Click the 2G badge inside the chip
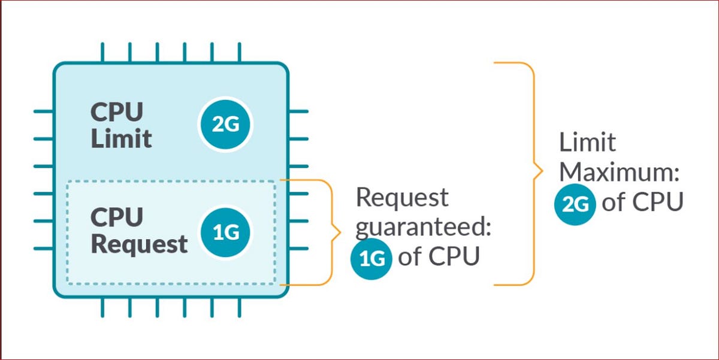[x=226, y=125]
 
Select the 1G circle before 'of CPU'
[x=371, y=258]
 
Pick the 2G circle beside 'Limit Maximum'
[x=575, y=204]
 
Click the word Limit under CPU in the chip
[x=121, y=139]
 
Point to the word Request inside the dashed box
[x=139, y=244]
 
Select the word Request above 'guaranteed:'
[x=402, y=198]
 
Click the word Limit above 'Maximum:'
[x=587, y=143]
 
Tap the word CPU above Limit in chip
[x=117, y=112]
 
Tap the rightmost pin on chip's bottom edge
[x=239, y=307]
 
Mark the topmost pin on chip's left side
[x=43, y=111]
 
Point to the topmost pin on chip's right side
[x=298, y=111]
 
